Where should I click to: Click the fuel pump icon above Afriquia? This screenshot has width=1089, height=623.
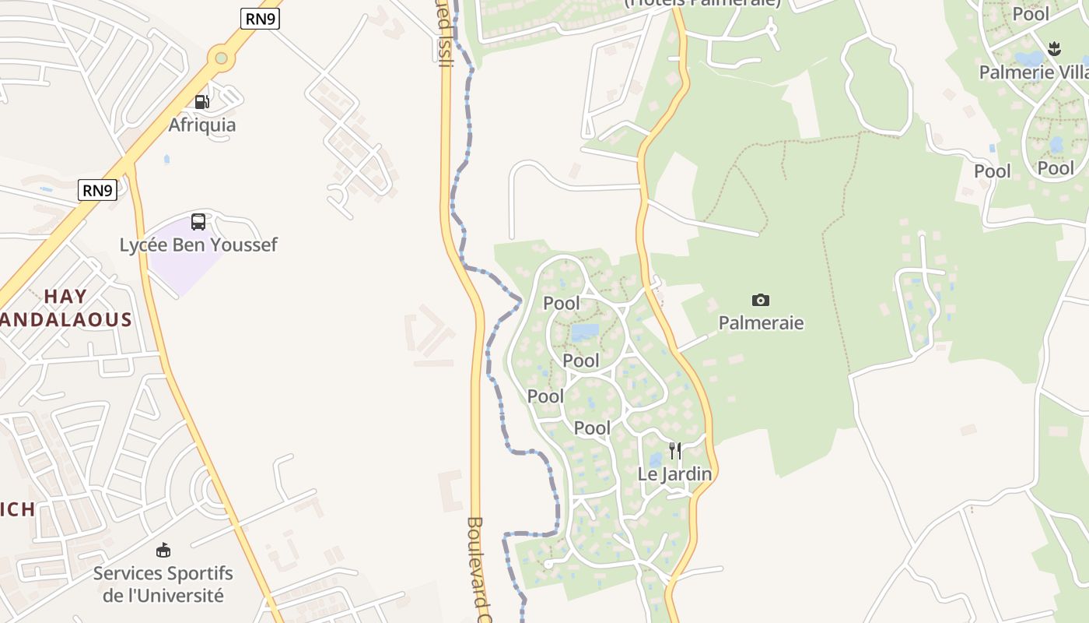point(201,101)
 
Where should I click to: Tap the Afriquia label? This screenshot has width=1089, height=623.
point(202,125)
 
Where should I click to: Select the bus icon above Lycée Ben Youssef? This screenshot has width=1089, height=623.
point(198,222)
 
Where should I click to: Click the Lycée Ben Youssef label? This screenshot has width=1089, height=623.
point(198,245)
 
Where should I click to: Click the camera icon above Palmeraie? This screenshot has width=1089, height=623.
point(761,300)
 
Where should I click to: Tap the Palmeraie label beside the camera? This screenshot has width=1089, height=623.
point(761,322)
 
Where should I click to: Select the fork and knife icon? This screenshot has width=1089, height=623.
point(675,451)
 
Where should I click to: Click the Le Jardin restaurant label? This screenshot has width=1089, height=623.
point(675,473)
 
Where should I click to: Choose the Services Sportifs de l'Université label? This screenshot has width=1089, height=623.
point(163,585)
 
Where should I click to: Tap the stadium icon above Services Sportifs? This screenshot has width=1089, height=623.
point(163,551)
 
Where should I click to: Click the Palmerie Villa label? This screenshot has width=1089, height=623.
point(1033,72)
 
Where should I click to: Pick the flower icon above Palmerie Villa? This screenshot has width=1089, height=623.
point(1054,49)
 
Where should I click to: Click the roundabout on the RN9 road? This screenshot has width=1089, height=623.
point(222,58)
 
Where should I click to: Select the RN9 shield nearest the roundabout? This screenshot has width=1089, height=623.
point(260,19)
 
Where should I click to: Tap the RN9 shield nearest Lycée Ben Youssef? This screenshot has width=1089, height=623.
point(97,190)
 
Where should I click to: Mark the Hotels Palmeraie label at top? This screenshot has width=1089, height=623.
point(702,3)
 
